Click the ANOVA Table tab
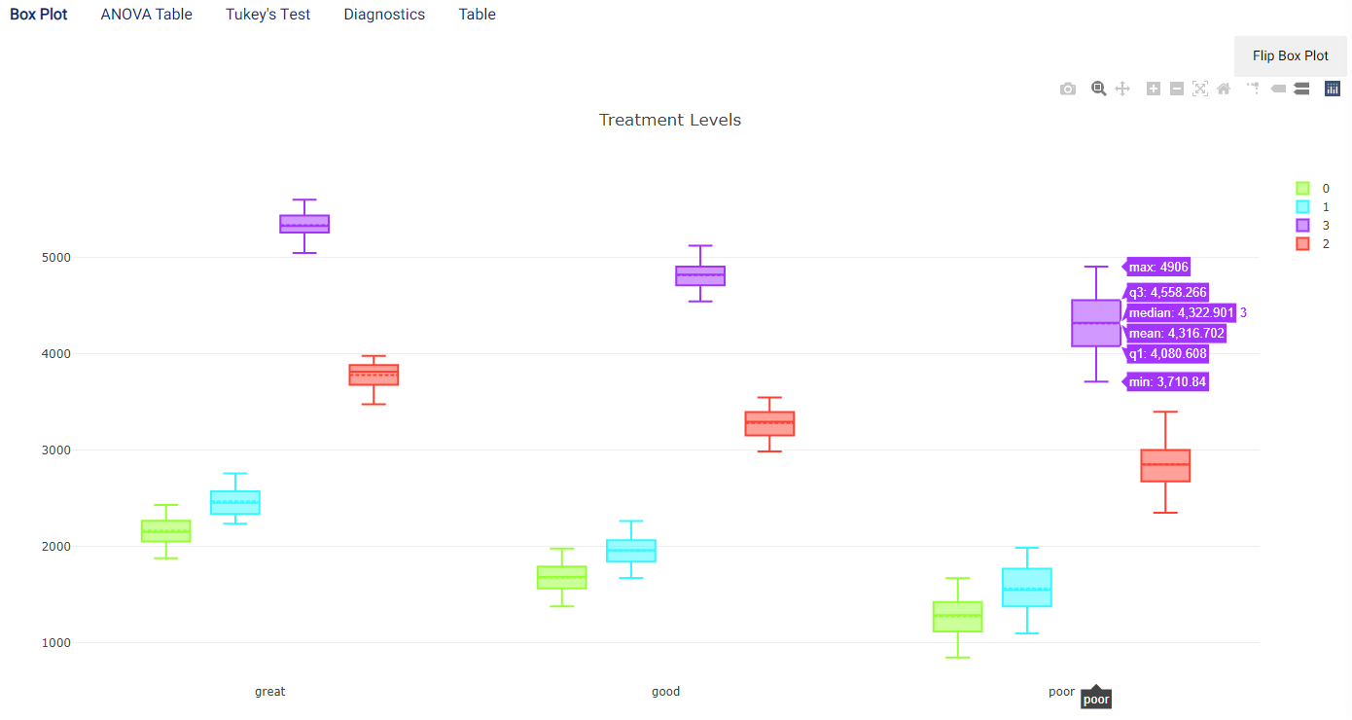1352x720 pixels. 146,15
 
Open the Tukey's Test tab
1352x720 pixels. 268,15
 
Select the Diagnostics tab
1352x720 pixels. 384,15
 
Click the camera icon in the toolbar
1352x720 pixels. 1068,90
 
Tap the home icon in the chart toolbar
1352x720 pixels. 1224,90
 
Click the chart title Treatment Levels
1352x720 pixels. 670,120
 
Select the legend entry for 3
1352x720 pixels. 1313,225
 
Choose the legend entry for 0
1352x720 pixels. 1313,189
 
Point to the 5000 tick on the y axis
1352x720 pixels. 56,258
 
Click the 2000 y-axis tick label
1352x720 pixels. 56,546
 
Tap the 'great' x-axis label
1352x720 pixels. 269,692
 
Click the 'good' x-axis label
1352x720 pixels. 665,692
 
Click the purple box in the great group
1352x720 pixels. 304,224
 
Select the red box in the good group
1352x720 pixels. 769,423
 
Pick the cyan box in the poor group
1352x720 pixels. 1027,588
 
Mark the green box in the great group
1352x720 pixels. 166,531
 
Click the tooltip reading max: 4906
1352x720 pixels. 1158,267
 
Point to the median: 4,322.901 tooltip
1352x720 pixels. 1181,312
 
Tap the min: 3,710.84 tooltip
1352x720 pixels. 1167,381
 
